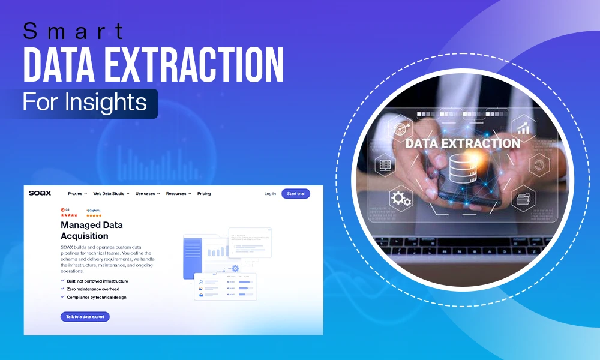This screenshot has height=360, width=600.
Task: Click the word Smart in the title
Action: [74, 31]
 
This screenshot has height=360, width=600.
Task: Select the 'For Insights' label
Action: [85, 102]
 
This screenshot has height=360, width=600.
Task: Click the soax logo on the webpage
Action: [40, 193]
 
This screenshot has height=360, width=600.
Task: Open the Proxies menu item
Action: [77, 194]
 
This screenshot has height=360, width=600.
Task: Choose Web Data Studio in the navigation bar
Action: [111, 194]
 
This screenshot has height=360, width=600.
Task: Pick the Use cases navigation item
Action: [148, 194]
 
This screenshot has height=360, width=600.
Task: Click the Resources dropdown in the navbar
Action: [178, 194]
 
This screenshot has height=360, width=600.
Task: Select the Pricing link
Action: [204, 194]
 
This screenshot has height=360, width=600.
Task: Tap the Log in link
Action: [270, 194]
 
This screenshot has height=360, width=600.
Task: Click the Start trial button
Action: [296, 194]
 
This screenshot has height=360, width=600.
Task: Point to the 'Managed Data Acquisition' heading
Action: [92, 230]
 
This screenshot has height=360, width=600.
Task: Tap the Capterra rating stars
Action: [94, 215]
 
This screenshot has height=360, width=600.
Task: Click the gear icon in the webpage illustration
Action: [235, 268]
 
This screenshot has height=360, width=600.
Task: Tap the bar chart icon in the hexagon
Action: [523, 127]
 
